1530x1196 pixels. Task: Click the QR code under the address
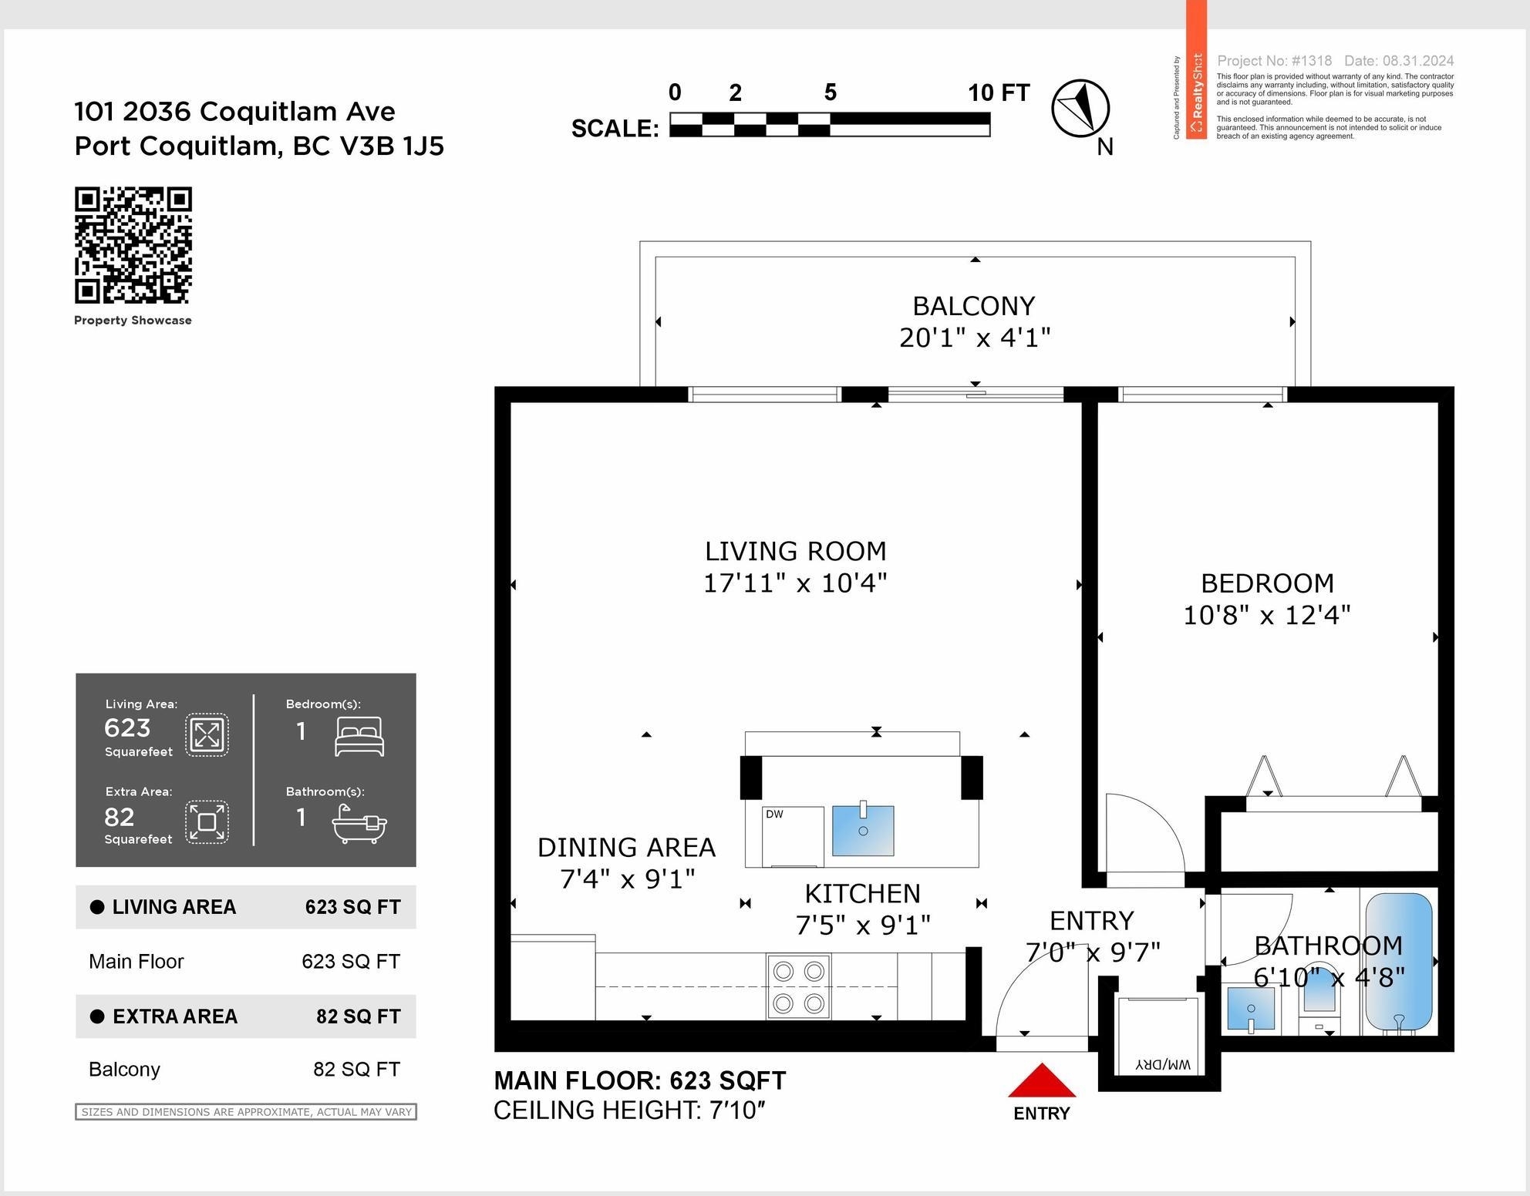click(x=133, y=245)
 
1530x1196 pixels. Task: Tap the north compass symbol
click(x=1080, y=109)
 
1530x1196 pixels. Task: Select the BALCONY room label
click(x=974, y=306)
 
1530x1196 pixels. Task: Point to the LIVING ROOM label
click(x=795, y=551)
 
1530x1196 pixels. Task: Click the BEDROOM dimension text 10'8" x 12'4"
click(x=1267, y=615)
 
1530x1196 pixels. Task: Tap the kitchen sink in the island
click(x=863, y=830)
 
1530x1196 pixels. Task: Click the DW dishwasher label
click(x=774, y=815)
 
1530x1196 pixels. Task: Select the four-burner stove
click(x=798, y=987)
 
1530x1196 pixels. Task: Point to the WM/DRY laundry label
click(x=1163, y=1065)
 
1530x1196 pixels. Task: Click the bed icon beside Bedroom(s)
click(x=359, y=736)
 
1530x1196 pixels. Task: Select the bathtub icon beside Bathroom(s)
click(x=359, y=823)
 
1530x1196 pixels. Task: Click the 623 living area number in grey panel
click(x=127, y=727)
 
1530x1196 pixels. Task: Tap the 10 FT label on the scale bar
click(x=999, y=93)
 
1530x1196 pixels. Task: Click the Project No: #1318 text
click(x=1274, y=61)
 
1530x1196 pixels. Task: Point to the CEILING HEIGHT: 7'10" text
click(x=629, y=1110)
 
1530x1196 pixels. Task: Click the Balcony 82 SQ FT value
click(x=356, y=1070)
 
